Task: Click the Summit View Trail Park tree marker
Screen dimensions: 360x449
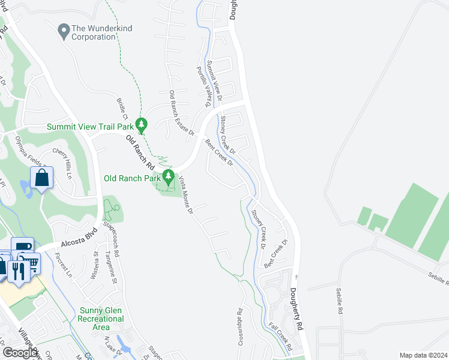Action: point(142,125)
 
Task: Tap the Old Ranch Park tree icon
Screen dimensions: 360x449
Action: point(169,177)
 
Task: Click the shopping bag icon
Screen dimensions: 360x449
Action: point(41,178)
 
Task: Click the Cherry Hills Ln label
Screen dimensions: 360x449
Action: point(66,163)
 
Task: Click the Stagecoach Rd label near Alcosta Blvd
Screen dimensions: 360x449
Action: point(112,238)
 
